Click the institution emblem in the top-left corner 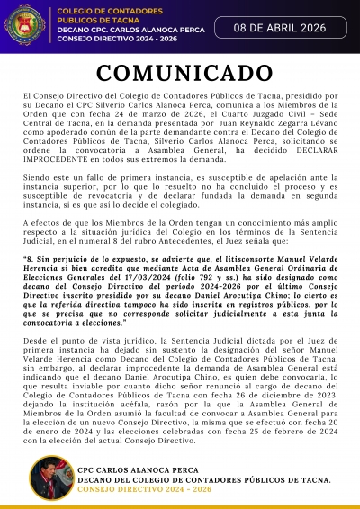(29, 19)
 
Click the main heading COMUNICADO (180, 73)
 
